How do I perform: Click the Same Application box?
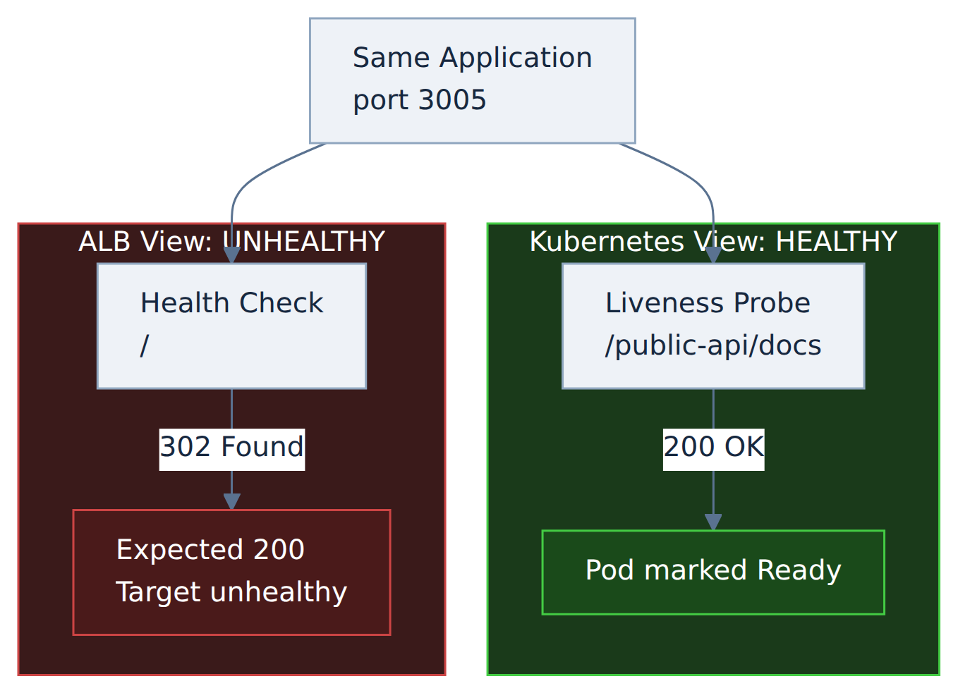click(x=473, y=81)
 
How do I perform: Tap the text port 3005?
click(x=420, y=100)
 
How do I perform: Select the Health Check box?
click(x=232, y=326)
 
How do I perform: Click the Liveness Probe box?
click(x=713, y=326)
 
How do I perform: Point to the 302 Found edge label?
click(x=232, y=450)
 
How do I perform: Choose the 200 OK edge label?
click(x=713, y=450)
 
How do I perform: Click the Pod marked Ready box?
click(x=713, y=572)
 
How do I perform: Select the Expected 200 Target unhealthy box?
click(x=232, y=572)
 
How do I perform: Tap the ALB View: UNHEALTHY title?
click(x=232, y=242)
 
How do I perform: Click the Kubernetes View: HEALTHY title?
click(x=713, y=242)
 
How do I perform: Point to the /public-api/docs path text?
click(x=713, y=345)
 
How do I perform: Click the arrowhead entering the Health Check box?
click(x=232, y=255)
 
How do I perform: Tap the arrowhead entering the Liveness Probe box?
click(x=713, y=255)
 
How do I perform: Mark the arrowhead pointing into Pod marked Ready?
click(x=713, y=522)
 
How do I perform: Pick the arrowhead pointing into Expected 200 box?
click(x=232, y=502)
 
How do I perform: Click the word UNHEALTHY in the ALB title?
click(x=304, y=242)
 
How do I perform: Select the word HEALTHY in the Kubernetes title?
click(x=837, y=242)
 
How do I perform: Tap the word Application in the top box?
click(x=516, y=58)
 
